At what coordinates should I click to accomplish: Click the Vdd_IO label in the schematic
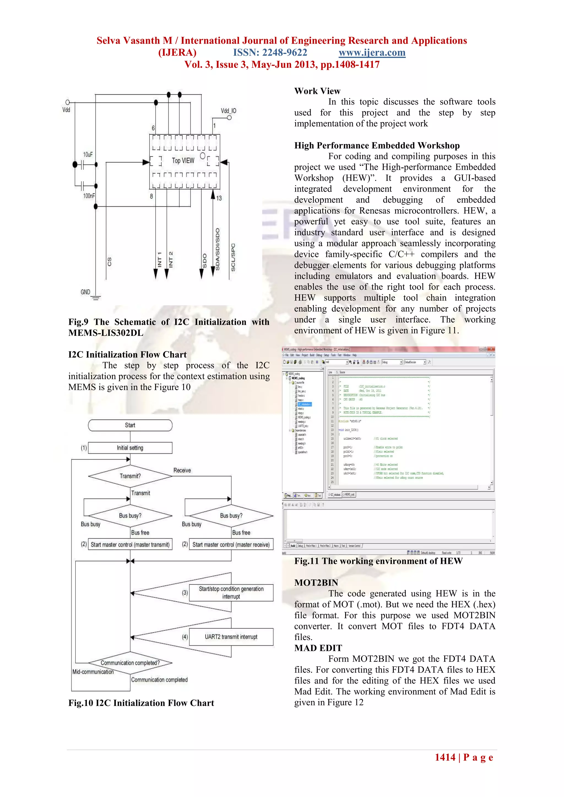coord(228,111)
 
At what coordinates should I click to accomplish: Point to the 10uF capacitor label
coord(88,154)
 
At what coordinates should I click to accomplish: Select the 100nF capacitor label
coord(89,196)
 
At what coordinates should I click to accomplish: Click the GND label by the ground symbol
coord(85,292)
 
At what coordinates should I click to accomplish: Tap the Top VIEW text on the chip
coord(183,161)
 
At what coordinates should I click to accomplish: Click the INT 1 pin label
coord(159,259)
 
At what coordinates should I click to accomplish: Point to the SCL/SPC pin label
coord(233,257)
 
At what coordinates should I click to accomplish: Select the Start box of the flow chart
coord(130,425)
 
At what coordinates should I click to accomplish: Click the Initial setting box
coord(130,448)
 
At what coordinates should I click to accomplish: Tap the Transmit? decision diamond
coord(130,476)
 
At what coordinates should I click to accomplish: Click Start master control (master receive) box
coord(231,545)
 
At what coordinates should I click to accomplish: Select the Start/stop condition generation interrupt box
coord(231,592)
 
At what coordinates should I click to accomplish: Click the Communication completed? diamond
coord(130,663)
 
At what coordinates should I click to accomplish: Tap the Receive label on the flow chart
coord(182,470)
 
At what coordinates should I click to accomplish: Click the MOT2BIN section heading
coord(316,583)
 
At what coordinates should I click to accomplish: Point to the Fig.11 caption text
coord(378,561)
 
